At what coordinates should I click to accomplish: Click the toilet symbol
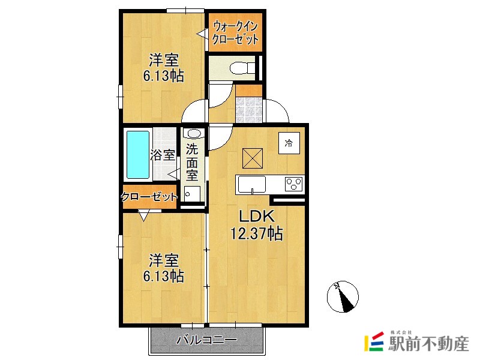click(x=242, y=67)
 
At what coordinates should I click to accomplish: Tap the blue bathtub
click(x=138, y=155)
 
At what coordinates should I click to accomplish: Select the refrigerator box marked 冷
click(x=289, y=143)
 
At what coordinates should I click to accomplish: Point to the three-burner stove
click(x=294, y=184)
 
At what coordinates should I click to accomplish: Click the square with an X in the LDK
click(x=253, y=158)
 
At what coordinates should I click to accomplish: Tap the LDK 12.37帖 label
click(x=256, y=225)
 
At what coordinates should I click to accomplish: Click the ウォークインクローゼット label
click(x=235, y=33)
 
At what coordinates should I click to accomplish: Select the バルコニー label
click(x=207, y=340)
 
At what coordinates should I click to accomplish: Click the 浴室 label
click(x=162, y=155)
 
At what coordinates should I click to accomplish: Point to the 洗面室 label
click(x=192, y=162)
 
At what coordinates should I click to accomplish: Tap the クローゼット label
click(x=149, y=197)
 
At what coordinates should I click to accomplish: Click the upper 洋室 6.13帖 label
click(x=163, y=68)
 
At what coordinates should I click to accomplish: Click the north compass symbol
click(x=343, y=296)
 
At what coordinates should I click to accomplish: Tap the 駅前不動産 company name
click(x=428, y=343)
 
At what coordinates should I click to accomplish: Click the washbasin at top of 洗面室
click(x=193, y=133)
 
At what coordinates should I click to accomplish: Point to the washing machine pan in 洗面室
click(x=192, y=194)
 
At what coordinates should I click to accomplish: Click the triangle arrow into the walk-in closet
click(x=202, y=34)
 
